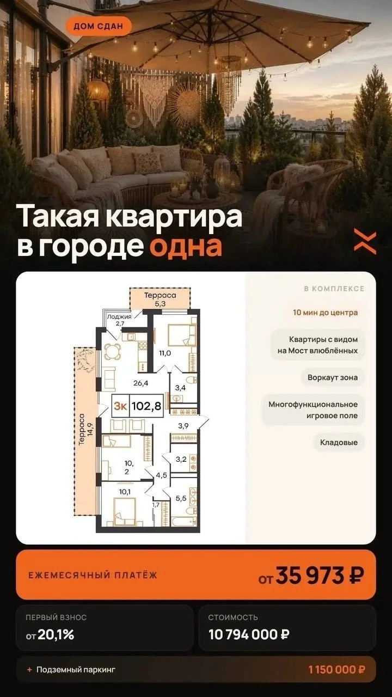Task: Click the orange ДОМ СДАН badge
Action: coord(99,26)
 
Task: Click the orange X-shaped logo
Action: coord(365,241)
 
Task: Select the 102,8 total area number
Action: coord(146,406)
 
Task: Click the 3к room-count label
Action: coord(120,406)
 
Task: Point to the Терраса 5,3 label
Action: coord(160,299)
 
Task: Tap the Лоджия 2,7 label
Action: coord(119,320)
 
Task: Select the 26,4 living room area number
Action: coord(140,383)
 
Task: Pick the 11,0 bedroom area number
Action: coord(165,353)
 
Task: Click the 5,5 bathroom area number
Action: coord(181,498)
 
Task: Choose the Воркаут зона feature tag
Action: coord(333,377)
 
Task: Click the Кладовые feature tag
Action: coord(339,442)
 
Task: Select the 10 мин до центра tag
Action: coord(326,313)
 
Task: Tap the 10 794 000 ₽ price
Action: coord(249,634)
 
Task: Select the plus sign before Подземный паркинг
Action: coord(29,669)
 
